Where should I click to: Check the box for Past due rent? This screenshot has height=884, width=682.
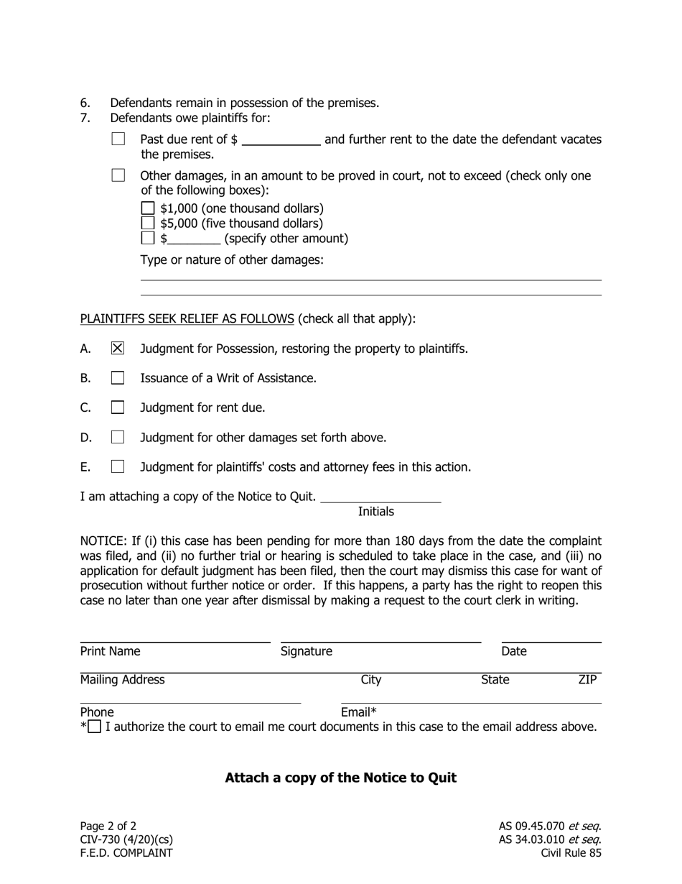click(118, 139)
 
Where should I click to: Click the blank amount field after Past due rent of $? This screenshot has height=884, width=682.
click(281, 139)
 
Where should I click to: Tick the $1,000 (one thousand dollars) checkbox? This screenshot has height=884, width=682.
click(148, 208)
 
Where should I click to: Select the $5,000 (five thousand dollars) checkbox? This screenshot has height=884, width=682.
click(148, 224)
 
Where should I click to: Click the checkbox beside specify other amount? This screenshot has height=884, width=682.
click(148, 238)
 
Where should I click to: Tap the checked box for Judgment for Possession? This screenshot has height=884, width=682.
click(118, 349)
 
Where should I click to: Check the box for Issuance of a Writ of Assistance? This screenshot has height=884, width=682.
click(118, 378)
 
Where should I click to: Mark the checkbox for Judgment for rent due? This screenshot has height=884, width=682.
click(118, 408)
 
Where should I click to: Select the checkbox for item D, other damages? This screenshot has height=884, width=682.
click(118, 437)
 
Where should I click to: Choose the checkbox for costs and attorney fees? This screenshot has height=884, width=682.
click(118, 466)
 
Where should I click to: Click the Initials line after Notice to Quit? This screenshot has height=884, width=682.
click(380, 497)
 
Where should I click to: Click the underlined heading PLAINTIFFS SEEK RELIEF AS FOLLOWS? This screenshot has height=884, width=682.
click(187, 318)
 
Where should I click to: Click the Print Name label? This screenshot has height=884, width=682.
click(110, 651)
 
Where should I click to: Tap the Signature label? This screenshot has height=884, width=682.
click(307, 651)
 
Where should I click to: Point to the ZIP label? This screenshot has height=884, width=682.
click(587, 680)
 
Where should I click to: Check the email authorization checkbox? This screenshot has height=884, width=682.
click(94, 727)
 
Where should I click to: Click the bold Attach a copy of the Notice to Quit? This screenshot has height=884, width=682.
click(340, 778)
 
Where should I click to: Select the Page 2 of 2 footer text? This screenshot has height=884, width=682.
click(108, 826)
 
